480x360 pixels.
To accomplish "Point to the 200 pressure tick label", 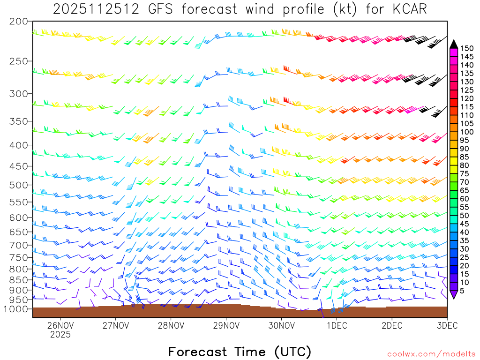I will tap(19, 22).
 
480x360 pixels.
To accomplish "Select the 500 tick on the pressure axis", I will tap(19, 185).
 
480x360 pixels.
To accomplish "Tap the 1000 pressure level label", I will tap(16, 309).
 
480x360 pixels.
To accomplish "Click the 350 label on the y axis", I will tap(19, 121).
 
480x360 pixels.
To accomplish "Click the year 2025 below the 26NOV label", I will tap(60, 335).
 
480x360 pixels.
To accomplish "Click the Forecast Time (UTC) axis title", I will tap(240, 351).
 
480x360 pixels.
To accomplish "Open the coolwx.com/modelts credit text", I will tap(431, 354).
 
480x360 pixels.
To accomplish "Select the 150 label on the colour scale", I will tap(467, 48).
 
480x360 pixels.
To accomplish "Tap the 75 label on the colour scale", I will tap(465, 174).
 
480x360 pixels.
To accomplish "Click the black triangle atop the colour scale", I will tap(453, 44).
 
